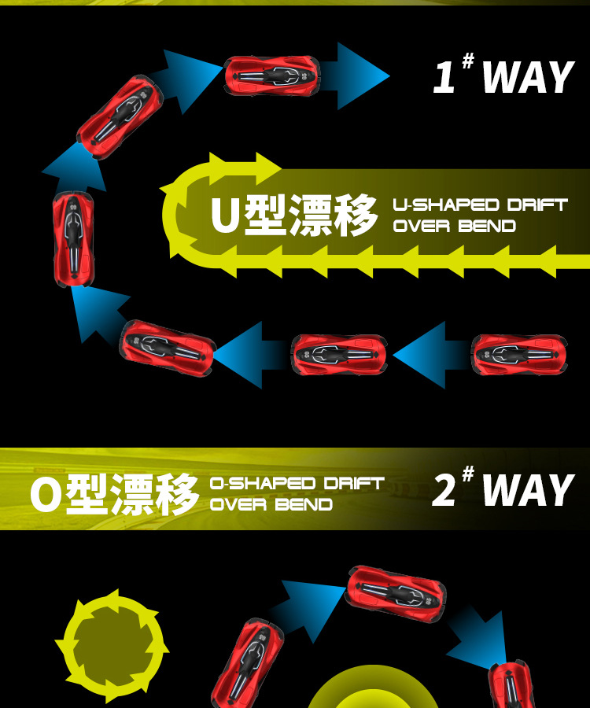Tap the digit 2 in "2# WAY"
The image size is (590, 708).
444,490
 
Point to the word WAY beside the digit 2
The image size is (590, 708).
528,490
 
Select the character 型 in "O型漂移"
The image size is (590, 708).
87,493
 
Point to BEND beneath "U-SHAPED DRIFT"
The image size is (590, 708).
487,227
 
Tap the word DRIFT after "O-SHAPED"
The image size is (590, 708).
354,483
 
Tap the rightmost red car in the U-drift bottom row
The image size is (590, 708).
518,355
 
